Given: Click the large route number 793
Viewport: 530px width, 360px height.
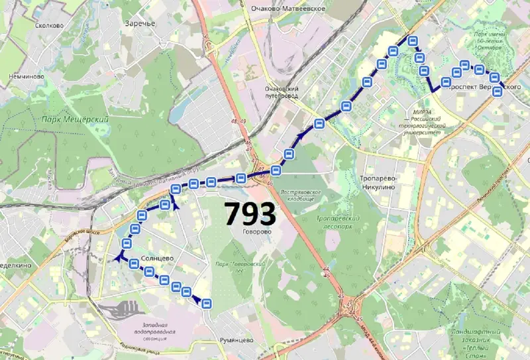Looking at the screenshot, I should point(249,213).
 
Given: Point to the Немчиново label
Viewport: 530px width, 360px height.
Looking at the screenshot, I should point(26,77).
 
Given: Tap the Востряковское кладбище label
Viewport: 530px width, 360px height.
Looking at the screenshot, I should point(301,196).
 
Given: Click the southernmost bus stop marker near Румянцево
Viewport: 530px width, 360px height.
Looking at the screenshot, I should point(207,304).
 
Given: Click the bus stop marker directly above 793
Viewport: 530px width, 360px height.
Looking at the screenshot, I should point(241,178).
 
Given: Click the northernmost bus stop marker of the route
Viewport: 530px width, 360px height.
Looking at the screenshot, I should point(413,41).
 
